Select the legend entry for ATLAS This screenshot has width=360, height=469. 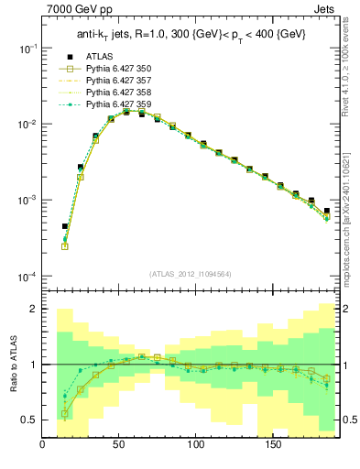[99, 56]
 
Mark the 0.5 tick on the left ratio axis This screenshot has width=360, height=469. [30, 420]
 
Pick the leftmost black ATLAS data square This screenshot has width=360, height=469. [65, 226]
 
